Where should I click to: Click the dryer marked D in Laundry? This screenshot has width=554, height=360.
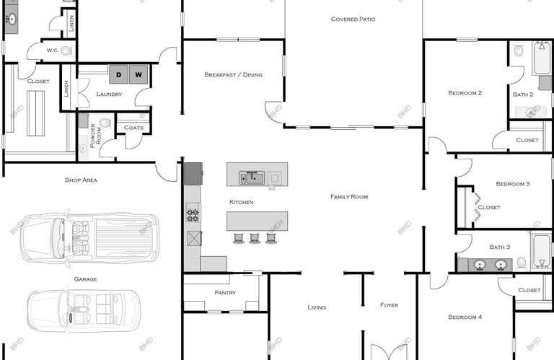click(x=118, y=74)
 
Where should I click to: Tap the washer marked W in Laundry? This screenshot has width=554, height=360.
click(x=138, y=74)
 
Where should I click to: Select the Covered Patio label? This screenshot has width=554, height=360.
click(x=353, y=19)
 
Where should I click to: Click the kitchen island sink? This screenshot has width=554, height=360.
click(x=252, y=177)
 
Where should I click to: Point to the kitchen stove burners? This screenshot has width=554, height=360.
click(x=193, y=215)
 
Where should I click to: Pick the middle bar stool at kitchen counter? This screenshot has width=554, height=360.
click(x=255, y=238)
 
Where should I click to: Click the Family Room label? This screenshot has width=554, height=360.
click(x=349, y=197)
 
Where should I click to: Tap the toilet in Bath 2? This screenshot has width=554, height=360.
click(x=519, y=50)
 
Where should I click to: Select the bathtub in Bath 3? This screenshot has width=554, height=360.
click(x=541, y=251)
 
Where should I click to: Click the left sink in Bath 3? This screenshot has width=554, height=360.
click(x=480, y=265)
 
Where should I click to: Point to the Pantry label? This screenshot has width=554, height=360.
click(x=225, y=292)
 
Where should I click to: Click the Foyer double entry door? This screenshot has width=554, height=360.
click(x=389, y=352)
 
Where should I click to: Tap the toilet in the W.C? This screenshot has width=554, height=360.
click(x=66, y=51)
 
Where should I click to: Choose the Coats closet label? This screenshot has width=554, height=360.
click(x=133, y=128)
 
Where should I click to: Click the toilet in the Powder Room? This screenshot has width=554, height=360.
click(x=105, y=123)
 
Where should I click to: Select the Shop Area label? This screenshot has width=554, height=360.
click(x=81, y=180)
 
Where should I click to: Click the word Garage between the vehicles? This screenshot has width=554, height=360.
click(x=86, y=279)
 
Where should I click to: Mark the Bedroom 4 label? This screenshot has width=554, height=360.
click(x=465, y=317)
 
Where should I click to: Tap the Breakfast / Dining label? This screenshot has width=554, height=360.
click(x=233, y=74)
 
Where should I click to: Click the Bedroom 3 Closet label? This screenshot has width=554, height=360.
click(x=489, y=207)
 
